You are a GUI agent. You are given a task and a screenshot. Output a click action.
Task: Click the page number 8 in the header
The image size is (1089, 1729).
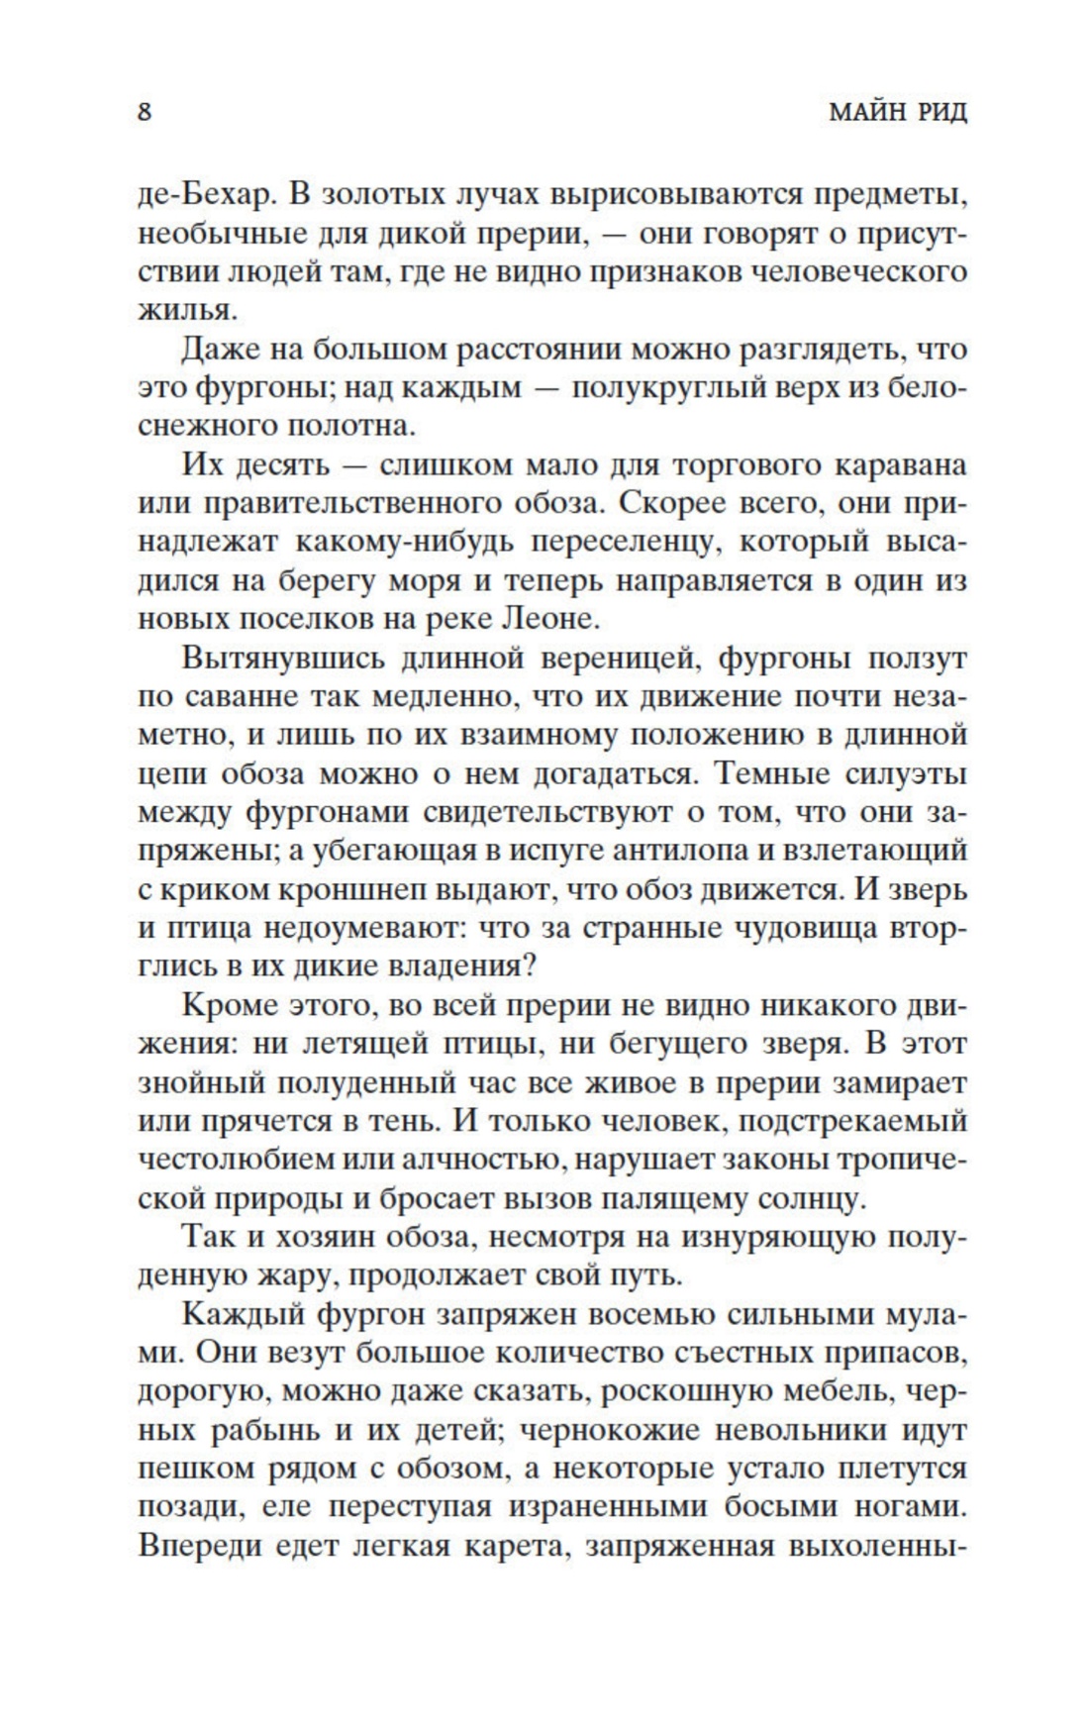pyautogui.click(x=145, y=111)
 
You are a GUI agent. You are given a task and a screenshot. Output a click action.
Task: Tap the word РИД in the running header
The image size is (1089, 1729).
pyautogui.click(x=938, y=111)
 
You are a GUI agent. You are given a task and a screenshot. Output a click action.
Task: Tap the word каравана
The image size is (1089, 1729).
pyautogui.click(x=900, y=465)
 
